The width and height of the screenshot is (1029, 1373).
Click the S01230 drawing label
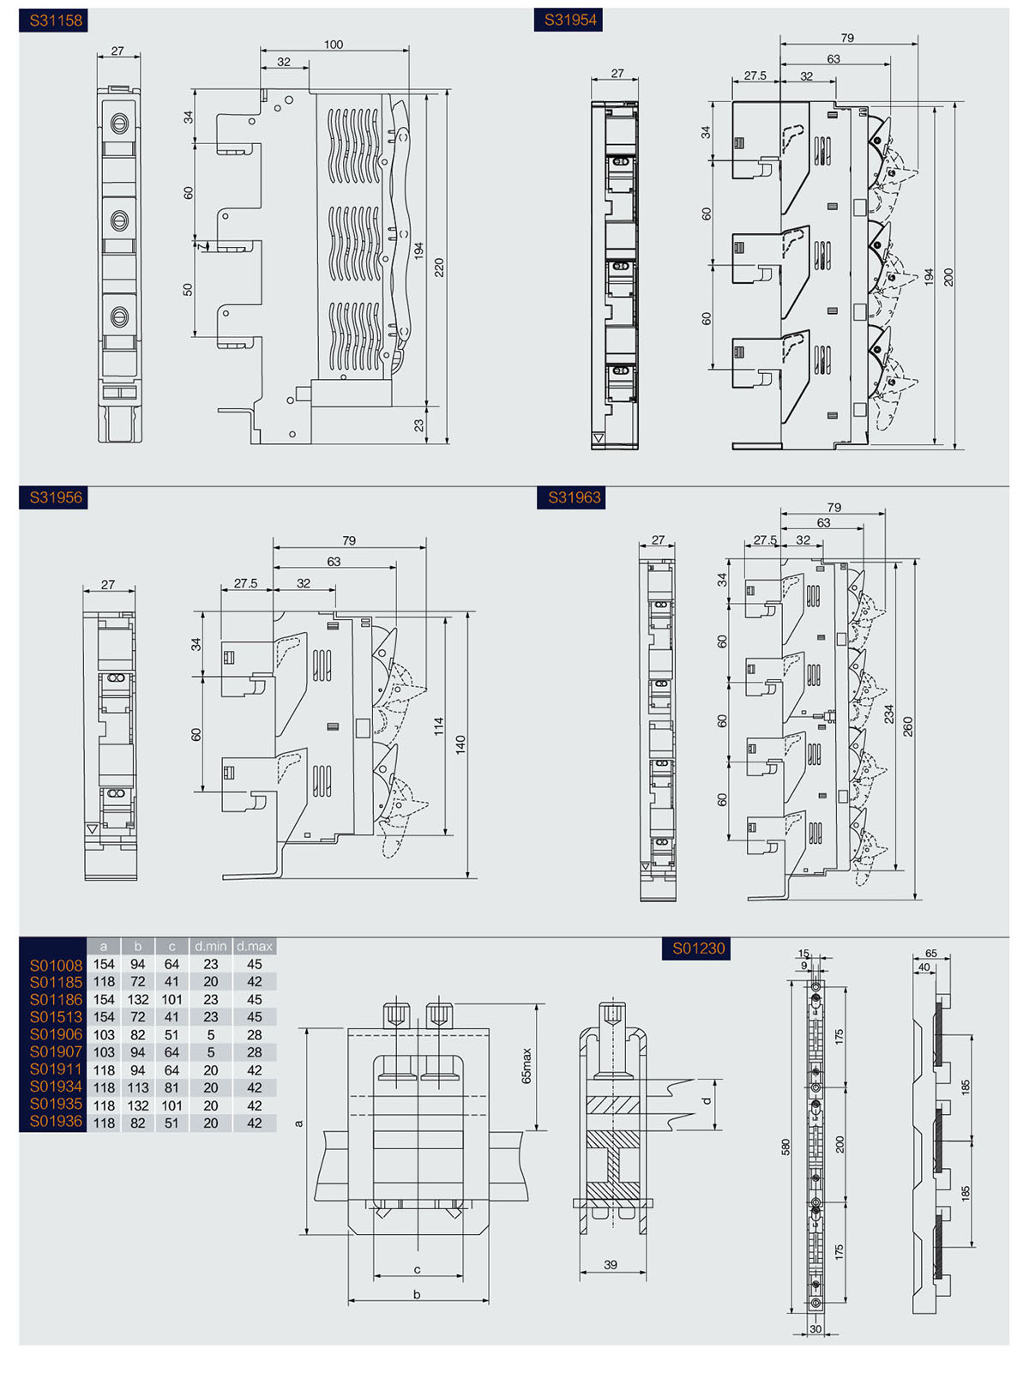(697, 948)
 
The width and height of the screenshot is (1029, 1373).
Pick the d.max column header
(255, 947)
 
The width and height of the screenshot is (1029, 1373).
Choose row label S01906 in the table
(56, 1035)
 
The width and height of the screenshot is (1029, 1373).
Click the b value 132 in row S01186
(137, 1000)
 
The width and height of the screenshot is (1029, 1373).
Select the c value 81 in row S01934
(171, 1087)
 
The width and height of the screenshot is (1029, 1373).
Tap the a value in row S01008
(104, 965)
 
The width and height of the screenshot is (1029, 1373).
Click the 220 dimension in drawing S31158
(439, 268)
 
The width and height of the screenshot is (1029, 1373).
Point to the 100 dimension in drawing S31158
(334, 45)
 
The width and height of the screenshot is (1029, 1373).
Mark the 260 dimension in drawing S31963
(908, 726)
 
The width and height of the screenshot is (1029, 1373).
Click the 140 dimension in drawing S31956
(460, 744)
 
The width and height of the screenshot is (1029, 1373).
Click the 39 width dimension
(611, 1265)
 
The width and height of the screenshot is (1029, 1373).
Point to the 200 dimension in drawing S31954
(948, 277)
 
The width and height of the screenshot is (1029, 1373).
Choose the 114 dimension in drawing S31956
(439, 726)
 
